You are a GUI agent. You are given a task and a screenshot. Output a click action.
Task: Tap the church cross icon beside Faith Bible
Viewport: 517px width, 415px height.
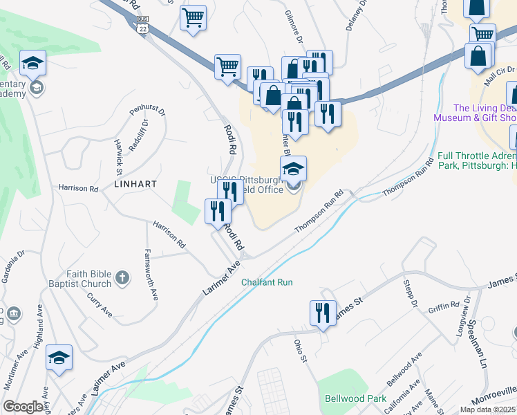tap(122, 278)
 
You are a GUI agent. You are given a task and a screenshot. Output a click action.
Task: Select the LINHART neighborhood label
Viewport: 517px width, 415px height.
tap(135, 184)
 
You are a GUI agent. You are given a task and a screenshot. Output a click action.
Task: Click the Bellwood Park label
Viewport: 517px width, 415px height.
tap(356, 399)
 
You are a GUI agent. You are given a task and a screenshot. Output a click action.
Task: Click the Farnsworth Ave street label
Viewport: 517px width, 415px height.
tap(151, 274)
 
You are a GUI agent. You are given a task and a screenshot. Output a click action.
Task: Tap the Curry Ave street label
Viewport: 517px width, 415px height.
tap(100, 304)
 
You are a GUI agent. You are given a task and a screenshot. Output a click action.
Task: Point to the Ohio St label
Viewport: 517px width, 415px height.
tap(299, 350)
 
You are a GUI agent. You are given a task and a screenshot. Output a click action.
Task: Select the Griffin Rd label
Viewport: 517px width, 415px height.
tap(444, 305)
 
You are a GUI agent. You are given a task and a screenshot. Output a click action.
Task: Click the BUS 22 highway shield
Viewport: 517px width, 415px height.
tap(142, 24)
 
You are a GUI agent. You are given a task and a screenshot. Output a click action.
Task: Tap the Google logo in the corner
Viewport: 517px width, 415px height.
tap(23, 407)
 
